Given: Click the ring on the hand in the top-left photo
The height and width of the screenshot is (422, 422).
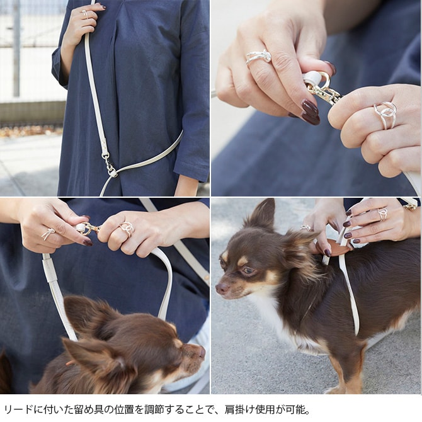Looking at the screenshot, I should click(x=85, y=13).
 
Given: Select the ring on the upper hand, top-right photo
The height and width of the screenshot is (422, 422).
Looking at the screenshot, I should click(x=259, y=57).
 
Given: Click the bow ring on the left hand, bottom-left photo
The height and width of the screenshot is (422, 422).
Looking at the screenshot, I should click(x=48, y=234).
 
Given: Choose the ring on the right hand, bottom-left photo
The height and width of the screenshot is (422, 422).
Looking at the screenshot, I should click(x=127, y=229).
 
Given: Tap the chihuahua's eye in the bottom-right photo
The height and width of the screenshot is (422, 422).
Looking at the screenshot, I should click(x=248, y=270).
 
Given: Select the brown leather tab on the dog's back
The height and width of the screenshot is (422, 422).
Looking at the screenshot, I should click(x=338, y=249).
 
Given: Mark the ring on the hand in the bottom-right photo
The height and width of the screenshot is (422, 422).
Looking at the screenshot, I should click(x=382, y=214).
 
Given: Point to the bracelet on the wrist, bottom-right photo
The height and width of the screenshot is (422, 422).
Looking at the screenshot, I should click(x=411, y=205).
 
